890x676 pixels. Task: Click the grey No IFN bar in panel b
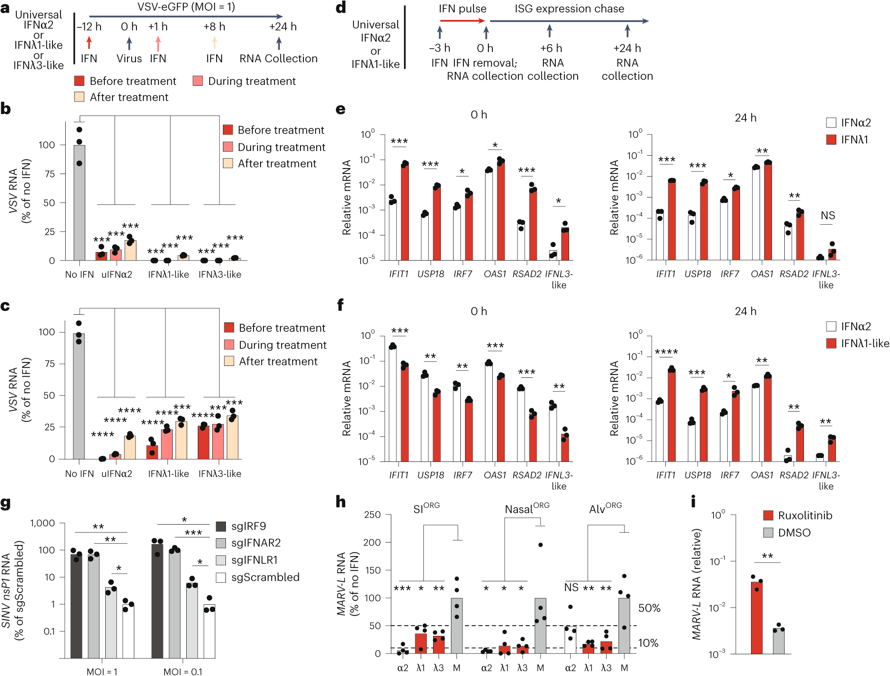click(x=79, y=203)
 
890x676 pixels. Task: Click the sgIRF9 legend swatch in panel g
click(x=221, y=526)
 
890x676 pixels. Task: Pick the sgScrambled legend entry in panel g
click(x=265, y=577)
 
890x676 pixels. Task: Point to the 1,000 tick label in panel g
click(x=43, y=523)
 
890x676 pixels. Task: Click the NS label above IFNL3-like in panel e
click(x=828, y=216)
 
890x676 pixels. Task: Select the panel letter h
click(x=341, y=502)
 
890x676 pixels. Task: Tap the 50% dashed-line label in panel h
click(x=649, y=608)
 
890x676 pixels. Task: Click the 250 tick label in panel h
click(x=372, y=515)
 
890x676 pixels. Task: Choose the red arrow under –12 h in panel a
click(x=89, y=43)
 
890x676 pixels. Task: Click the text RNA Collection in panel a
click(x=278, y=58)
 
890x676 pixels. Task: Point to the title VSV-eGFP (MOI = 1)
click(x=186, y=7)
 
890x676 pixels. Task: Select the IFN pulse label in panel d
click(x=462, y=9)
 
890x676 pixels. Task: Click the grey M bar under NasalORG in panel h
click(x=540, y=626)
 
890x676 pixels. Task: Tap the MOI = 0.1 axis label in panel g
click(x=183, y=671)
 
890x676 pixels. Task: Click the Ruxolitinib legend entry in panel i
click(x=804, y=515)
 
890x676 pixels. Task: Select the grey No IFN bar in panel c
click(x=79, y=396)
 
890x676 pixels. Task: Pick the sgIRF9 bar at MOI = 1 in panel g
click(x=76, y=606)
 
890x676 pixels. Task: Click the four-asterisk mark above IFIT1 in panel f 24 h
click(x=666, y=352)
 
